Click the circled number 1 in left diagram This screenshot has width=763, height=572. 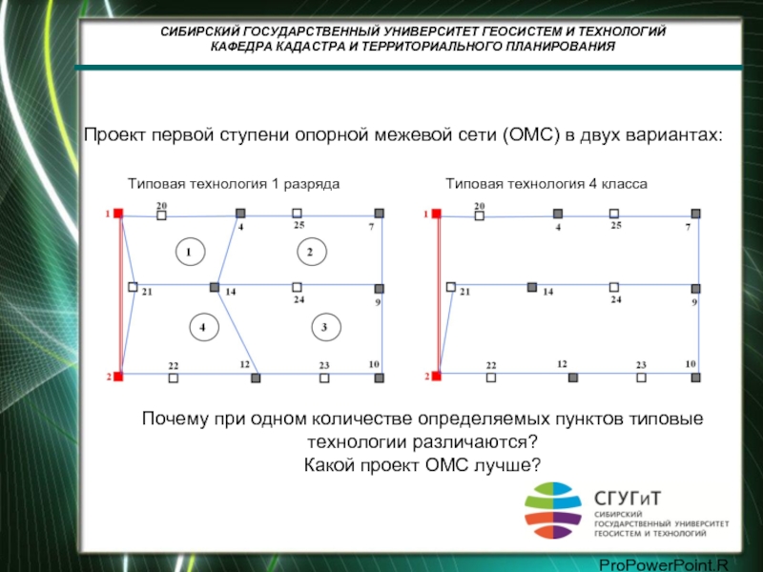pos(190,252)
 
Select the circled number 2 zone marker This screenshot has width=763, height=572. pos(312,252)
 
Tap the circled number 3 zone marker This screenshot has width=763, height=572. pos(326,327)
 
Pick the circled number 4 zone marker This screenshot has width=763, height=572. pos(204,327)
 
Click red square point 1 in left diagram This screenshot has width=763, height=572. pos(118,213)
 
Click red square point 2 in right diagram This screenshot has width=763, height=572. pos(436,376)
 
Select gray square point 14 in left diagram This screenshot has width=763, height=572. pos(214,287)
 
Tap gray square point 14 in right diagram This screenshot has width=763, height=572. pos(532,287)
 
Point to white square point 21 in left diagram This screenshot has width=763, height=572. pos(133,287)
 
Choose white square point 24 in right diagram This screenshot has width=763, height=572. pos(614,287)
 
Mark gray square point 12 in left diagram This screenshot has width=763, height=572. pos(256,378)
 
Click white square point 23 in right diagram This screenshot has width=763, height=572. pos(641,378)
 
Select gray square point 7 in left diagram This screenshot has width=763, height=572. pos(379,213)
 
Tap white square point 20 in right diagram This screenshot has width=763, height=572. pos(480,215)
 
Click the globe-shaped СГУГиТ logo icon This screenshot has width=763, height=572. pos(553,510)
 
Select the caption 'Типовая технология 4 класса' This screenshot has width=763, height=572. pos(546,184)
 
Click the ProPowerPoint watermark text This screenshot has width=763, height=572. pos(663,565)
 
